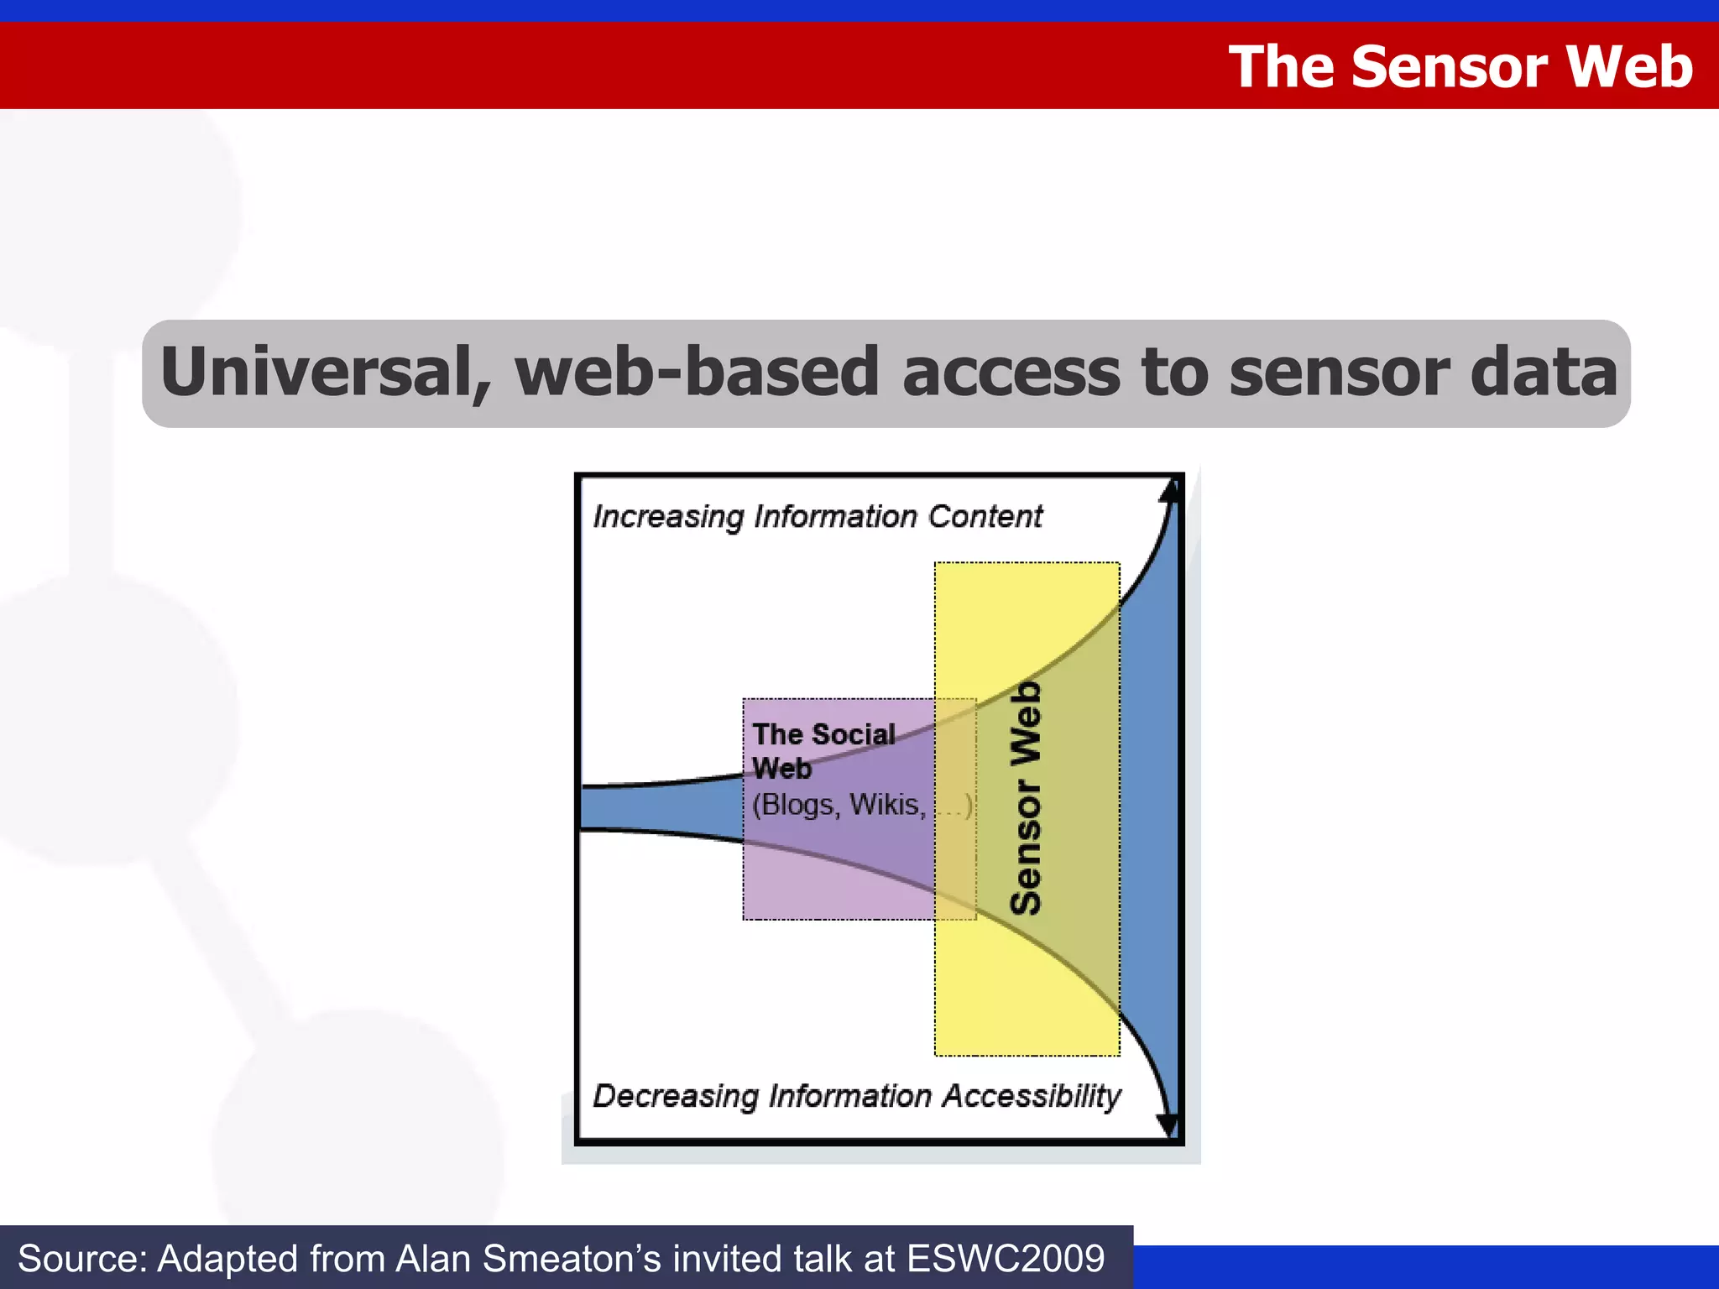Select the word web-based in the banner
pyautogui.click(x=697, y=373)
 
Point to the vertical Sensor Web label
pyautogui.click(x=1026, y=797)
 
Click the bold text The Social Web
pyautogui.click(x=823, y=750)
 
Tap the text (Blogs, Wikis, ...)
pyautogui.click(x=861, y=805)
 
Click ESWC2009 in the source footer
pyautogui.click(x=1006, y=1259)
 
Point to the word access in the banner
pyautogui.click(x=1011, y=373)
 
